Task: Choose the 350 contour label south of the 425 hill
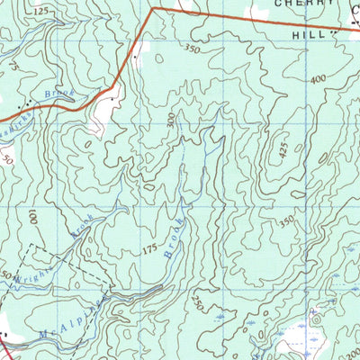tap(286, 220)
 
